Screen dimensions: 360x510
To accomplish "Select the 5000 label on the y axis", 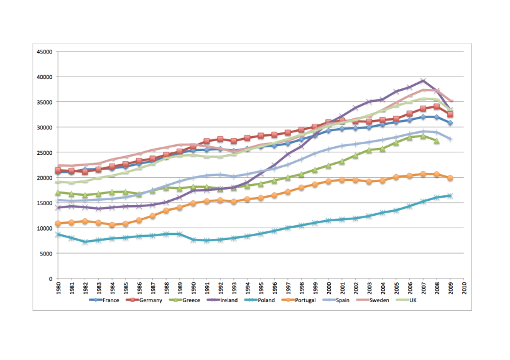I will (x=44, y=254).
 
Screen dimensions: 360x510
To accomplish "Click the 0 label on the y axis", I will (x=49, y=279).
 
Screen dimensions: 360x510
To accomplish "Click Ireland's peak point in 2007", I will (x=424, y=81).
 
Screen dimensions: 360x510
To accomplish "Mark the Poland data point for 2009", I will (x=450, y=196).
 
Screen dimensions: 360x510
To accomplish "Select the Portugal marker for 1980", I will (x=58, y=223).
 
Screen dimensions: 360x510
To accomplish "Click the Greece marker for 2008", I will (x=437, y=141).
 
